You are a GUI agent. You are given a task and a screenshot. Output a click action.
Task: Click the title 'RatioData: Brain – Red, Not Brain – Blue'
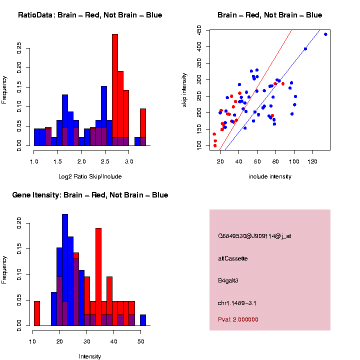click(x=90, y=15)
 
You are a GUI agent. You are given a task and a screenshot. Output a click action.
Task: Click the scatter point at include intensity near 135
click(x=325, y=34)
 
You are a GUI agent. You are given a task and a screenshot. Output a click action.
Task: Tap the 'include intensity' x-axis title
click(x=270, y=176)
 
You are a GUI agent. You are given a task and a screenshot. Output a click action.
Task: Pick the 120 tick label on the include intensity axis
click(x=312, y=161)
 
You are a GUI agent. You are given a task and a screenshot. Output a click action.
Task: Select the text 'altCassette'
click(x=233, y=258)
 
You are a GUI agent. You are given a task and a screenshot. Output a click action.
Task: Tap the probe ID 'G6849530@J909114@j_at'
click(x=254, y=236)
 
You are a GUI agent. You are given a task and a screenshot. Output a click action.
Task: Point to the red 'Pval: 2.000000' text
click(x=238, y=319)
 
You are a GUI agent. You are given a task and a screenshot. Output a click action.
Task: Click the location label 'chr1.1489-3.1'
click(x=237, y=303)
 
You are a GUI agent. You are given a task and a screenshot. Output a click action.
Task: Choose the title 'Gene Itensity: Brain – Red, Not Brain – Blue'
click(x=90, y=195)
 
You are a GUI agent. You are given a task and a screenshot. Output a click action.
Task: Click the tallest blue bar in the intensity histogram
click(x=65, y=270)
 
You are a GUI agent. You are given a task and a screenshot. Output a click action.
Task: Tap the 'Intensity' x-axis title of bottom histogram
click(x=90, y=356)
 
